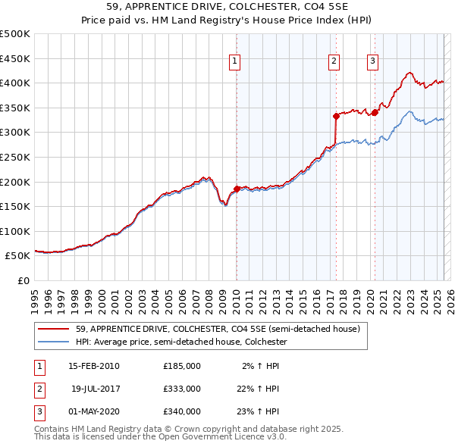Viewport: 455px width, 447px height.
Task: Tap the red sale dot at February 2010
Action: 237,189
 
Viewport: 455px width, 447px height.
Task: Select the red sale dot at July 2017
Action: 336,116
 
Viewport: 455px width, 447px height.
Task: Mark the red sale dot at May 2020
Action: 374,113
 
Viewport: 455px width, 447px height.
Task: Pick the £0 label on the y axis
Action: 24,281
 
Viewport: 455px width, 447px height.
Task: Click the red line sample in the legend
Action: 55,330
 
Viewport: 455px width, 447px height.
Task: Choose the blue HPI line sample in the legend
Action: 55,342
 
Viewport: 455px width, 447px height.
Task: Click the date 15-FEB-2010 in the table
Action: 93,366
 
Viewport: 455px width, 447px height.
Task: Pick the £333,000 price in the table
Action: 181,389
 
